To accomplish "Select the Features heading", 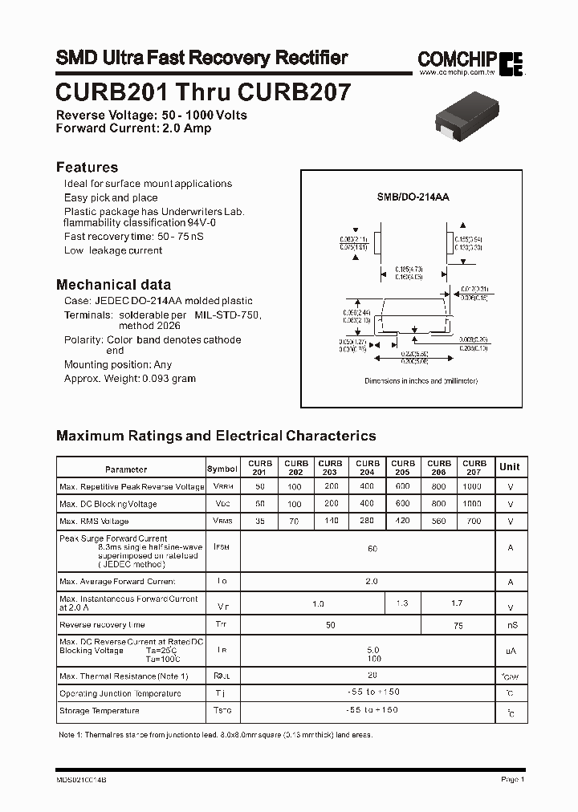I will tap(87, 167).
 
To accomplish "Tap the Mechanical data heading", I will tap(113, 284).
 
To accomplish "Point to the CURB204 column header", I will tap(368, 468).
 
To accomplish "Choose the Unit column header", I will tap(509, 467).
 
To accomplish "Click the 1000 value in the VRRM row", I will tap(473, 486).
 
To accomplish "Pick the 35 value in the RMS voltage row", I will tap(259, 521).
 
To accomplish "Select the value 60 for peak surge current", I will tap(372, 548).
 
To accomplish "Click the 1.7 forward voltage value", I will tap(457, 603).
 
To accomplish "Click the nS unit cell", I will tap(512, 625).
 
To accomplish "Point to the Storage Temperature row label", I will tap(100, 711).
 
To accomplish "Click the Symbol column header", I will tap(222, 469).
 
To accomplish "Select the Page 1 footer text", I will tap(512, 779).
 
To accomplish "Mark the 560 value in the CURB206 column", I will tap(438, 521).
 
